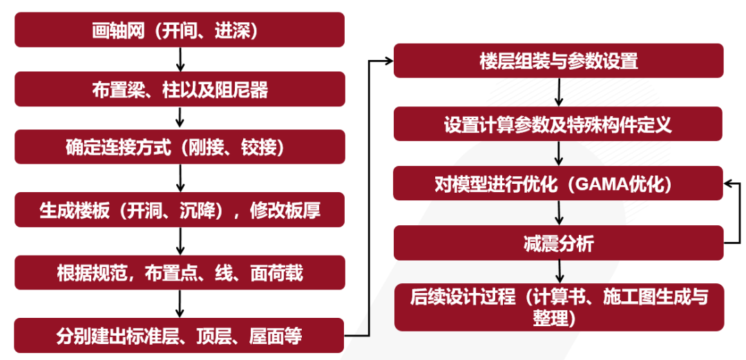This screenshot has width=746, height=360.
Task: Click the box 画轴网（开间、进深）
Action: point(180,31)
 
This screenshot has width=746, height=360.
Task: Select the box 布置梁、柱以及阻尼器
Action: point(180,89)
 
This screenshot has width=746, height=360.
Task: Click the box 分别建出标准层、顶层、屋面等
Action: point(180,337)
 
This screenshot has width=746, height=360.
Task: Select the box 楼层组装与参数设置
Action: point(558,61)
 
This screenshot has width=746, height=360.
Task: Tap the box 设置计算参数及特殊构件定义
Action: point(558,124)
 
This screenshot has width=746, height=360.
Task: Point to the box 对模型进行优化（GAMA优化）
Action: point(558,184)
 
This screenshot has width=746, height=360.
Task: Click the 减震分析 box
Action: point(558,243)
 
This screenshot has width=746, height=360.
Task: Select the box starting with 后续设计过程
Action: point(558,307)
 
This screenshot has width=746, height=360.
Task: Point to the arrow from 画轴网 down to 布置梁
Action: point(180,60)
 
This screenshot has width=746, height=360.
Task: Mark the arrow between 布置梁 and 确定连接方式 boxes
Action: point(180,118)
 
